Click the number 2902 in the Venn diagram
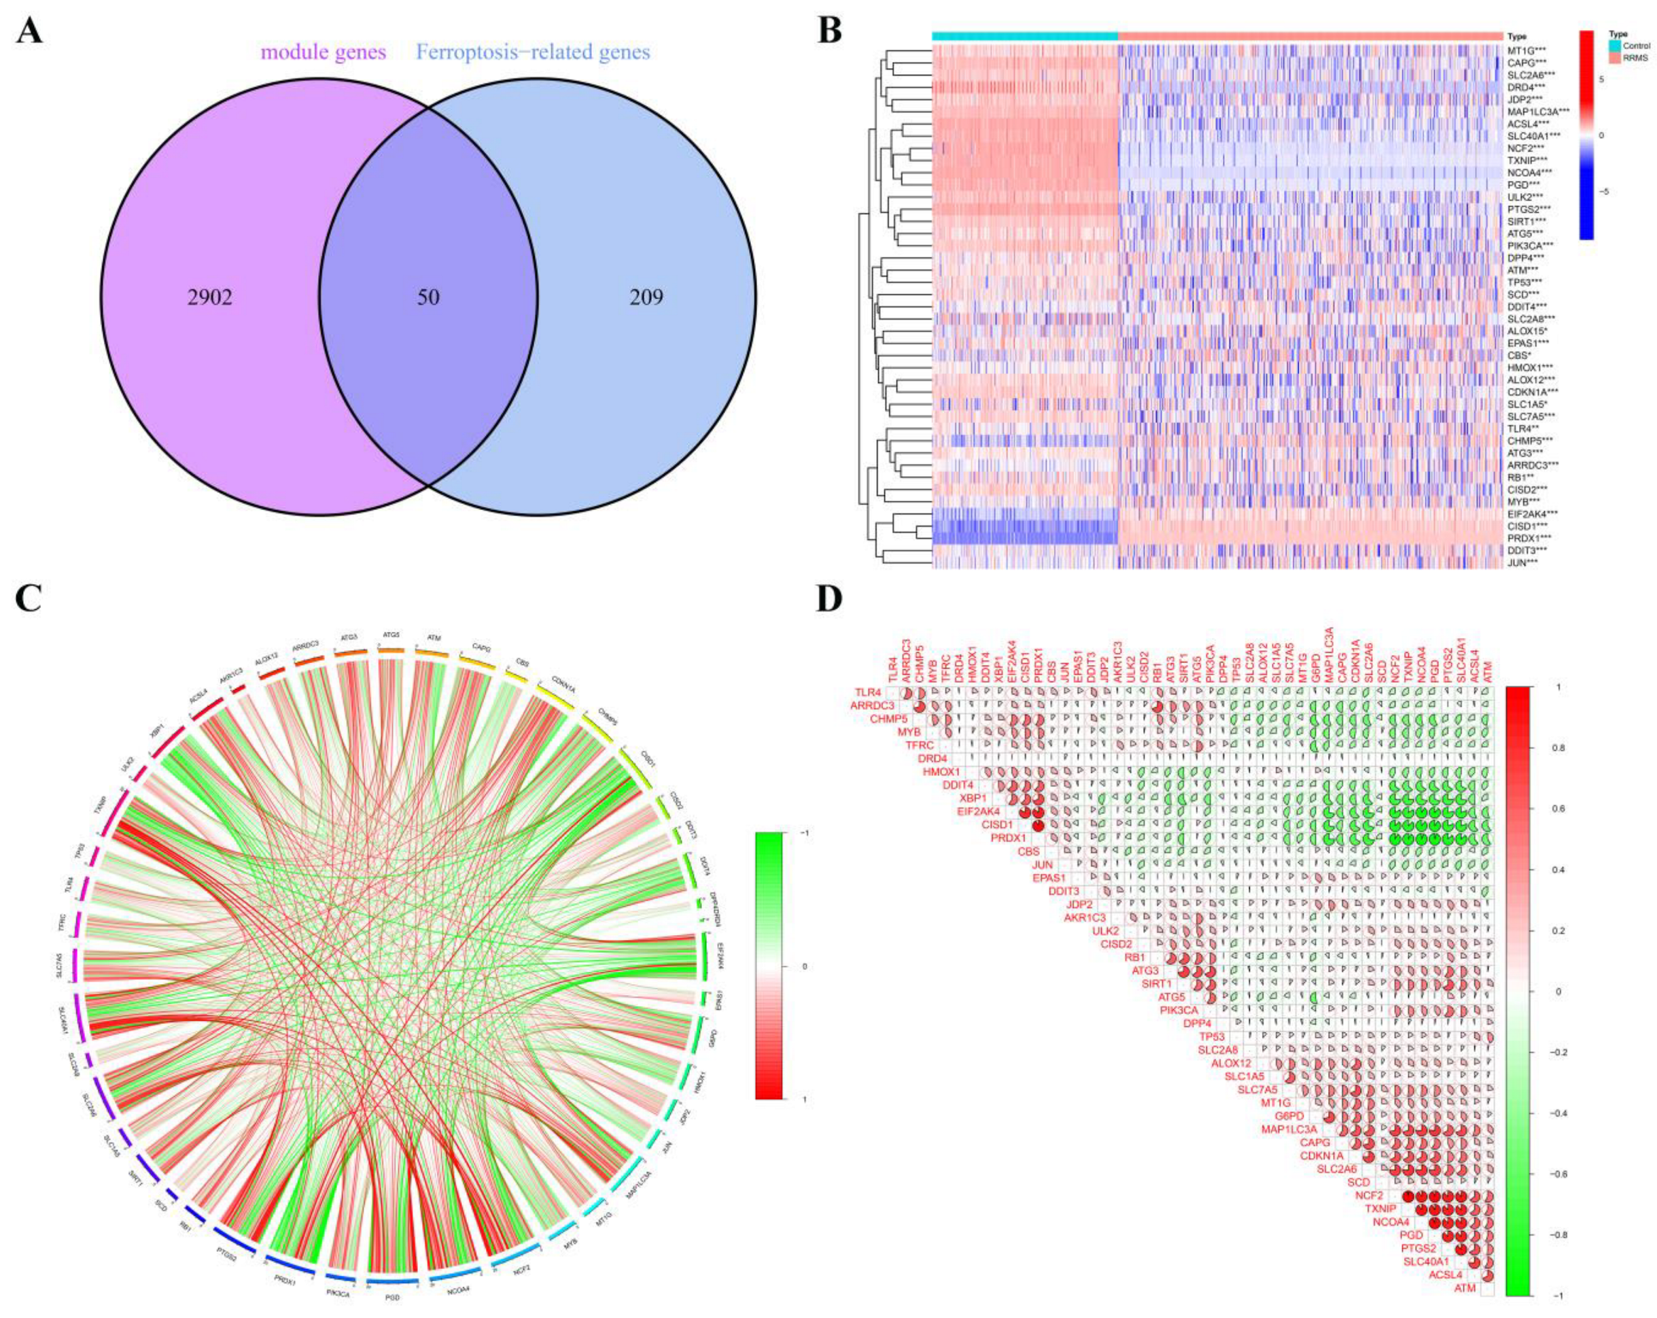click(x=210, y=298)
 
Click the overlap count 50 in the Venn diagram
click(x=428, y=298)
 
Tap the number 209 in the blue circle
click(x=646, y=298)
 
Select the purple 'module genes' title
click(x=323, y=53)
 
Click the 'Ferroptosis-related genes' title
click(x=533, y=53)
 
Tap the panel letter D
click(x=828, y=601)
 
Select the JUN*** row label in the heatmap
click(x=1526, y=563)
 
